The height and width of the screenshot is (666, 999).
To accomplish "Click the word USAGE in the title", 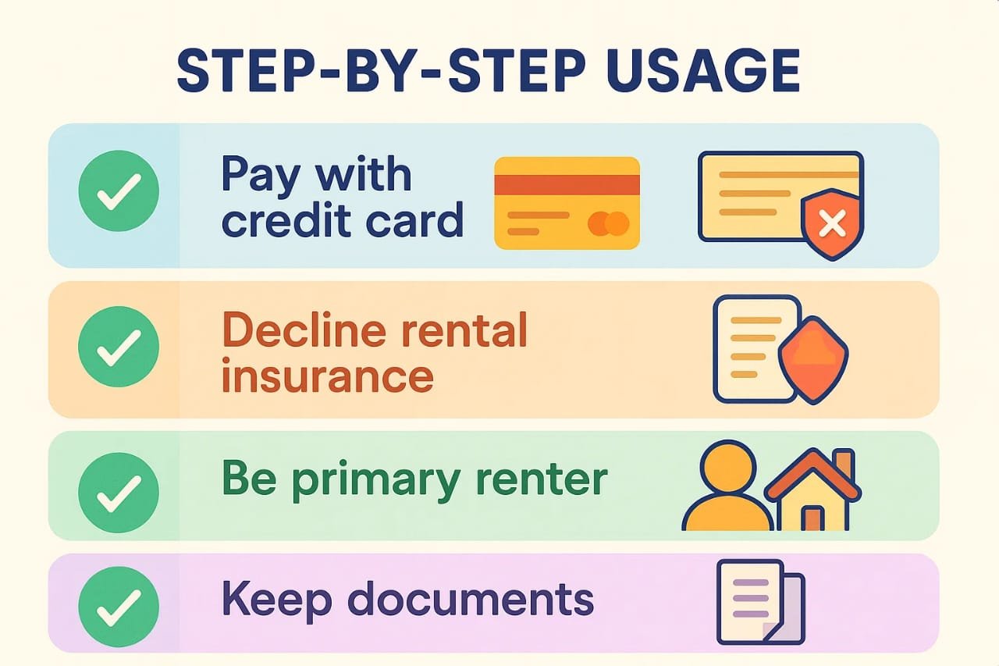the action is point(703,71).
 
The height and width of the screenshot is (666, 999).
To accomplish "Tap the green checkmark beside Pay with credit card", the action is point(119,191).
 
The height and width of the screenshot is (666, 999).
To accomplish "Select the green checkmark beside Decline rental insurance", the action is point(119,347).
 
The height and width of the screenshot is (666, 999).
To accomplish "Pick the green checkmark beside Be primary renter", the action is point(119,493).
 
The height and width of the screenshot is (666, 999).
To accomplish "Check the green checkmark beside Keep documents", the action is point(119,607).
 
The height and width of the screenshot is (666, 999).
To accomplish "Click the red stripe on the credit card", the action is point(567,185).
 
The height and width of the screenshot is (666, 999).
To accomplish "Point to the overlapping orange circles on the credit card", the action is point(609,223).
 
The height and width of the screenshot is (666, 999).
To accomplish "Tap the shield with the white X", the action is point(832,224).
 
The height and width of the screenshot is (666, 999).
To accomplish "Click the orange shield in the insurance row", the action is point(813,360).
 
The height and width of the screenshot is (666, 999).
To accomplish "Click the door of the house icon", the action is point(812,518).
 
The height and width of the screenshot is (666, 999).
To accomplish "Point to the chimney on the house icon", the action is point(844,465).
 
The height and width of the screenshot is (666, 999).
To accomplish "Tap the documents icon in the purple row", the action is point(761,602).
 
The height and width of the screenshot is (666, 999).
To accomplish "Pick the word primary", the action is point(377,482).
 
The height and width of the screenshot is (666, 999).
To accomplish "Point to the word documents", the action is point(471,598).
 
